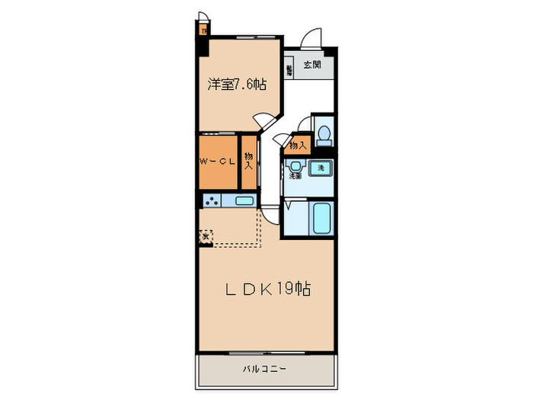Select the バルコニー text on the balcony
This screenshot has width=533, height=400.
coord(264,369)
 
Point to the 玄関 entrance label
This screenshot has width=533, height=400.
coord(311,66)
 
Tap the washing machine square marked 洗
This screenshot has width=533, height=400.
coord(321,167)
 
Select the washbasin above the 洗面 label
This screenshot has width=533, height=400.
coord(294,166)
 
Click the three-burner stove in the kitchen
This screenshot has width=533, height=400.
coord(211,201)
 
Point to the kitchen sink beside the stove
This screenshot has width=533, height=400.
coord(244,201)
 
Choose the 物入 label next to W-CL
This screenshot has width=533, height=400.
coord(248,161)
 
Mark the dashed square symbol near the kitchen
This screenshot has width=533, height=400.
coord(206,237)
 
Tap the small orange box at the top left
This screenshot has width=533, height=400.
coord(204,31)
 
